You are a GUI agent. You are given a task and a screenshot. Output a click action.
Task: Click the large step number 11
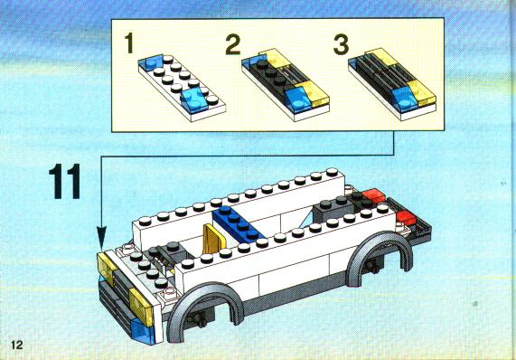[65, 181]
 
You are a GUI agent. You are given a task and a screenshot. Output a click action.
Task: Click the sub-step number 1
[129, 43]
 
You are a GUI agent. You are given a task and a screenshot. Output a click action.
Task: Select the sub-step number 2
[233, 45]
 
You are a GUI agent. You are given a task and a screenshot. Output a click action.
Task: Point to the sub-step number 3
[341, 45]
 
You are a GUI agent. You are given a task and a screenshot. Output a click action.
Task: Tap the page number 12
[17, 345]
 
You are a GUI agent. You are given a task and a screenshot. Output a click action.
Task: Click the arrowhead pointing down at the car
[102, 238]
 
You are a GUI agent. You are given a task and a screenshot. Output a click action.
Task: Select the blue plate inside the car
[238, 223]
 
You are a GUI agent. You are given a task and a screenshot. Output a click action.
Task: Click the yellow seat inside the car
[213, 239]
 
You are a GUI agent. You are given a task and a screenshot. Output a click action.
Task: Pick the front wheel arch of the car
[204, 307]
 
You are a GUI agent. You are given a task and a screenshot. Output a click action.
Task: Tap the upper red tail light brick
[374, 195]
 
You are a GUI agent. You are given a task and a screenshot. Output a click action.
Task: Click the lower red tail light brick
[408, 217]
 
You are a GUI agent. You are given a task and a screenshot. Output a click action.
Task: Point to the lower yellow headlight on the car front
[141, 307]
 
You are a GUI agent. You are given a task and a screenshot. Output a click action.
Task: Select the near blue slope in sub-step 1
[194, 100]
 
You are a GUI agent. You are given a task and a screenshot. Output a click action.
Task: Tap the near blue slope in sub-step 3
[403, 98]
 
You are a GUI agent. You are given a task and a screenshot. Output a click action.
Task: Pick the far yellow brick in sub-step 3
[381, 57]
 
